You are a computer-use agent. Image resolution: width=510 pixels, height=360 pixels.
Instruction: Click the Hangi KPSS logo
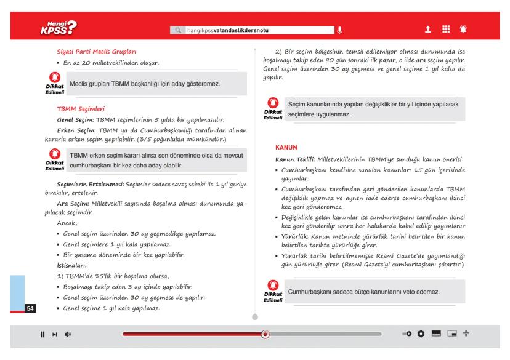click(57, 27)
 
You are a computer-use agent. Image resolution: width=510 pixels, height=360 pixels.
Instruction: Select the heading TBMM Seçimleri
click(81, 108)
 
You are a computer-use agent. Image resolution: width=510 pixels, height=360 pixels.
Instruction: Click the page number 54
click(29, 306)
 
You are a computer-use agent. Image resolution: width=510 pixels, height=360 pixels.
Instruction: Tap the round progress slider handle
click(265, 334)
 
